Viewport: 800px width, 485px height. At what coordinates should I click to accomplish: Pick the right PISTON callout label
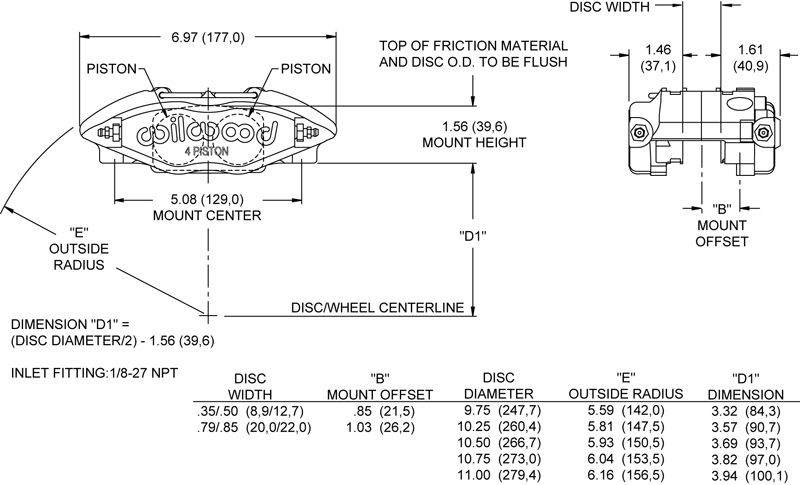tap(306, 69)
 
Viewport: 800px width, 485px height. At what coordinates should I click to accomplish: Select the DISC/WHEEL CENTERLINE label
tap(377, 308)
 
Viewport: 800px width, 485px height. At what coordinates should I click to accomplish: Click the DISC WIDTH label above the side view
tap(610, 7)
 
